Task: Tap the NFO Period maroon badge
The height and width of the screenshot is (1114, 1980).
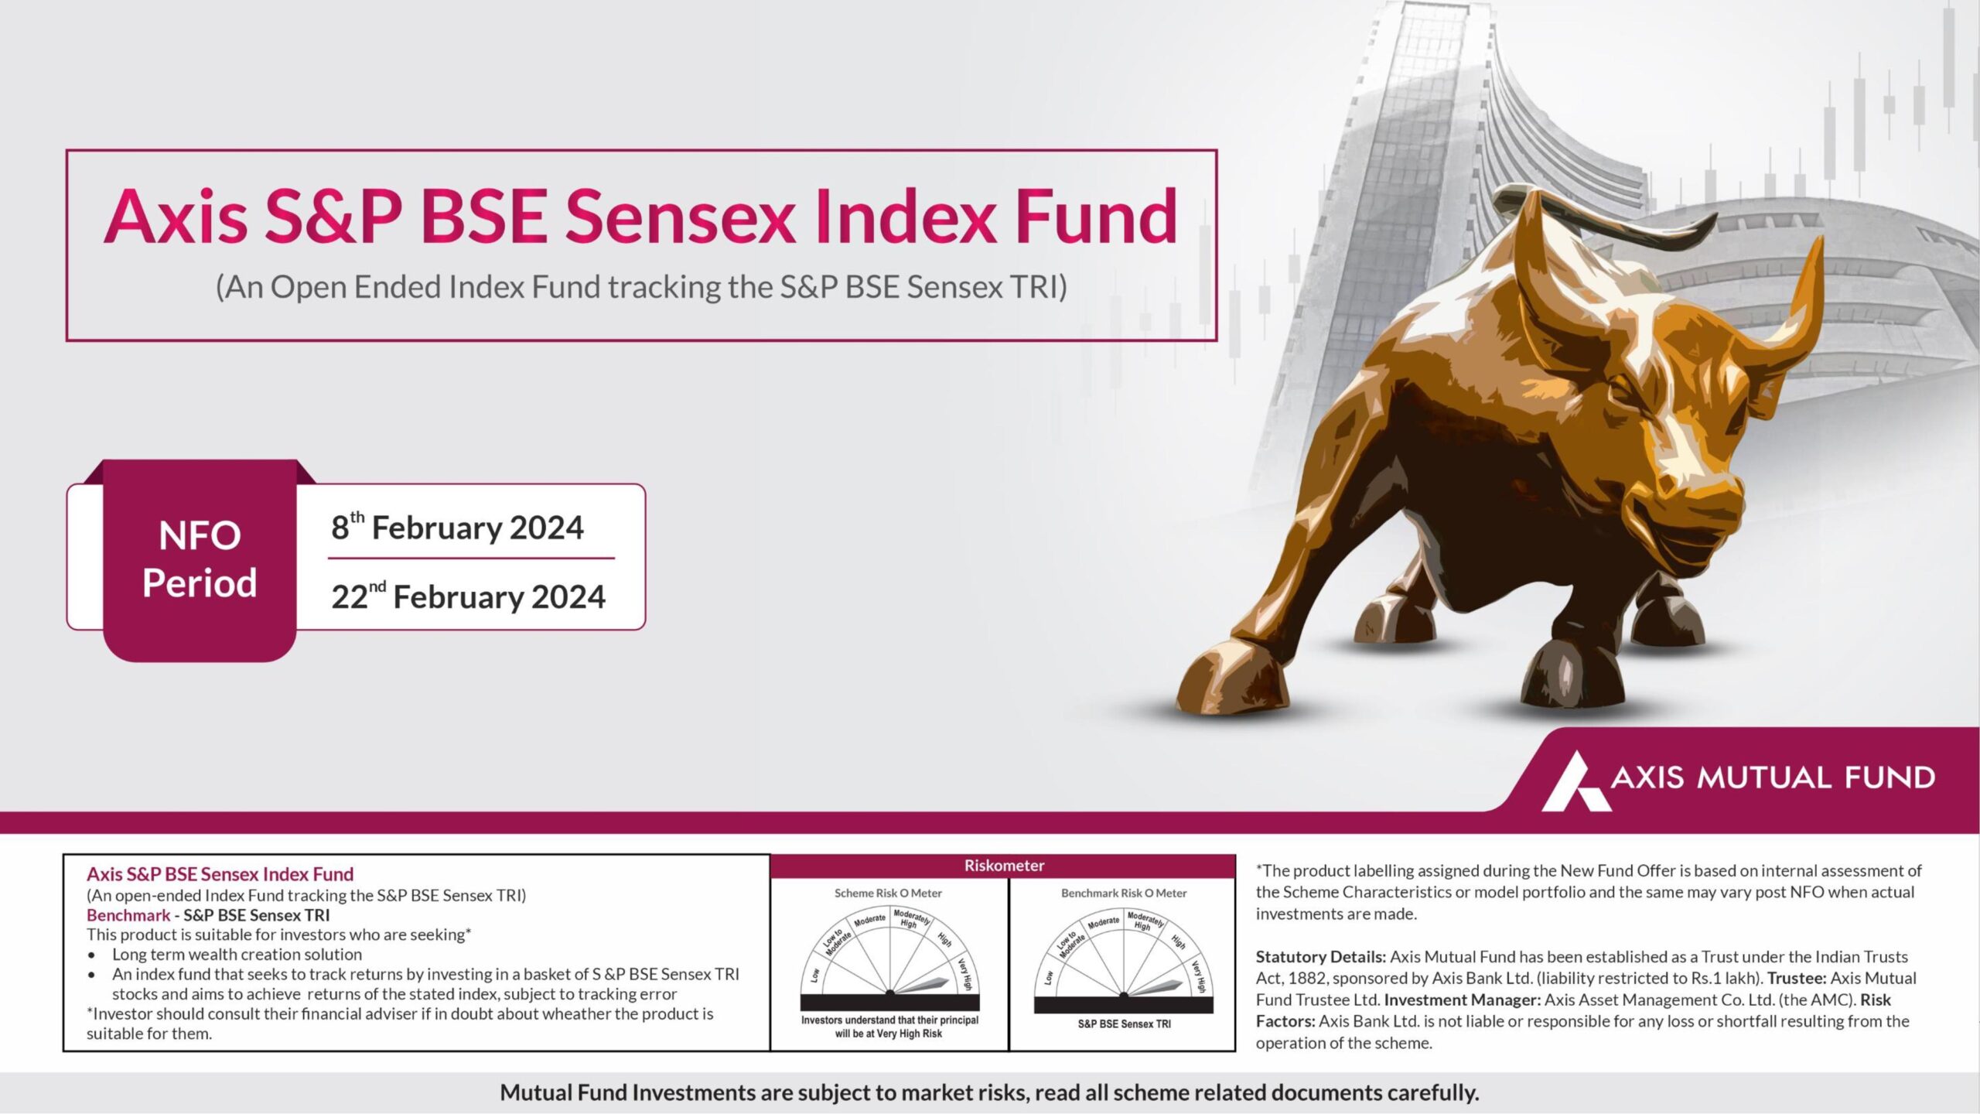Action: coord(200,560)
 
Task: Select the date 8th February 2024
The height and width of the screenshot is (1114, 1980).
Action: coord(457,527)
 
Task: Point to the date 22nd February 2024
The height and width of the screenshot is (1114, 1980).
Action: coord(468,596)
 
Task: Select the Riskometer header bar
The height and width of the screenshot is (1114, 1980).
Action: coord(1003,866)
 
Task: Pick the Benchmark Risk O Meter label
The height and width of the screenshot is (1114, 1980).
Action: coord(1123,893)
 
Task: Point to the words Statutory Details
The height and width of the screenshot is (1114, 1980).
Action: coord(1320,957)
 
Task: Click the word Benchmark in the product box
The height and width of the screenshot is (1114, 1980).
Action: coord(128,915)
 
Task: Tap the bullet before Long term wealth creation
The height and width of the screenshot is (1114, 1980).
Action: coord(92,955)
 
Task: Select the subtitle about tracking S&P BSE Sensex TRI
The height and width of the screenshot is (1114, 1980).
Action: coord(641,287)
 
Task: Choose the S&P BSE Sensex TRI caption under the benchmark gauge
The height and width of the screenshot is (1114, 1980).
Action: coord(1124,1024)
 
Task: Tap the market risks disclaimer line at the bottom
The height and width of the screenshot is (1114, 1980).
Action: coord(989,1092)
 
